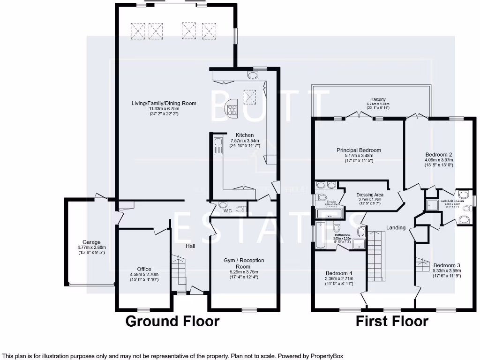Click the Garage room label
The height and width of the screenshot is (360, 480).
(x=89, y=242)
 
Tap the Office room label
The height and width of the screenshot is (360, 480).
(x=144, y=269)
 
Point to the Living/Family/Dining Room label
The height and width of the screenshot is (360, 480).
(x=164, y=103)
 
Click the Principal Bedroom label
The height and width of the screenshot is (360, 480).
(x=359, y=150)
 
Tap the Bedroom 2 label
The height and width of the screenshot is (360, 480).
(x=438, y=154)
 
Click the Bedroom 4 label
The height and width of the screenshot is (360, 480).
(x=339, y=273)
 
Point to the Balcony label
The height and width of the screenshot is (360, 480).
(x=378, y=99)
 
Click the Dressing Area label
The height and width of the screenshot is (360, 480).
(x=370, y=194)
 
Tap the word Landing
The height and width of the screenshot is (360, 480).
(x=396, y=227)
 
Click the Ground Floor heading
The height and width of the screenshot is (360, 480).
(x=172, y=322)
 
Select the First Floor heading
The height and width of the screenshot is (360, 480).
(x=392, y=322)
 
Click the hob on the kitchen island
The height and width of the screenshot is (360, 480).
(x=232, y=109)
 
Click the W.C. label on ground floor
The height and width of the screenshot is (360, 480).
(x=228, y=210)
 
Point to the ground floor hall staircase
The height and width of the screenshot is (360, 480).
(x=179, y=272)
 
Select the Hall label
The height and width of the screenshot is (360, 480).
(x=190, y=246)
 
